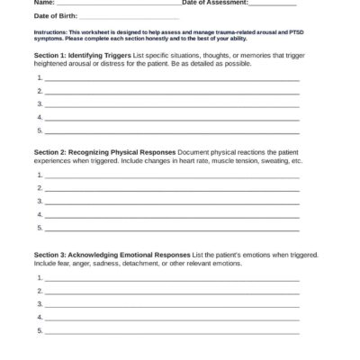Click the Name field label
tap(41, 4)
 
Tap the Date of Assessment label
tap(216, 4)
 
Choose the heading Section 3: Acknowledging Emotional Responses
tap(111, 255)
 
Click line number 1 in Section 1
tap(40, 79)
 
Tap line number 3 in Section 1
tap(40, 104)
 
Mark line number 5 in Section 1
tap(40, 130)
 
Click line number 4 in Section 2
tap(40, 215)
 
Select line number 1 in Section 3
tap(40, 279)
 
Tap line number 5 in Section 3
tap(40, 330)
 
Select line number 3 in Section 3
tap(40, 304)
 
